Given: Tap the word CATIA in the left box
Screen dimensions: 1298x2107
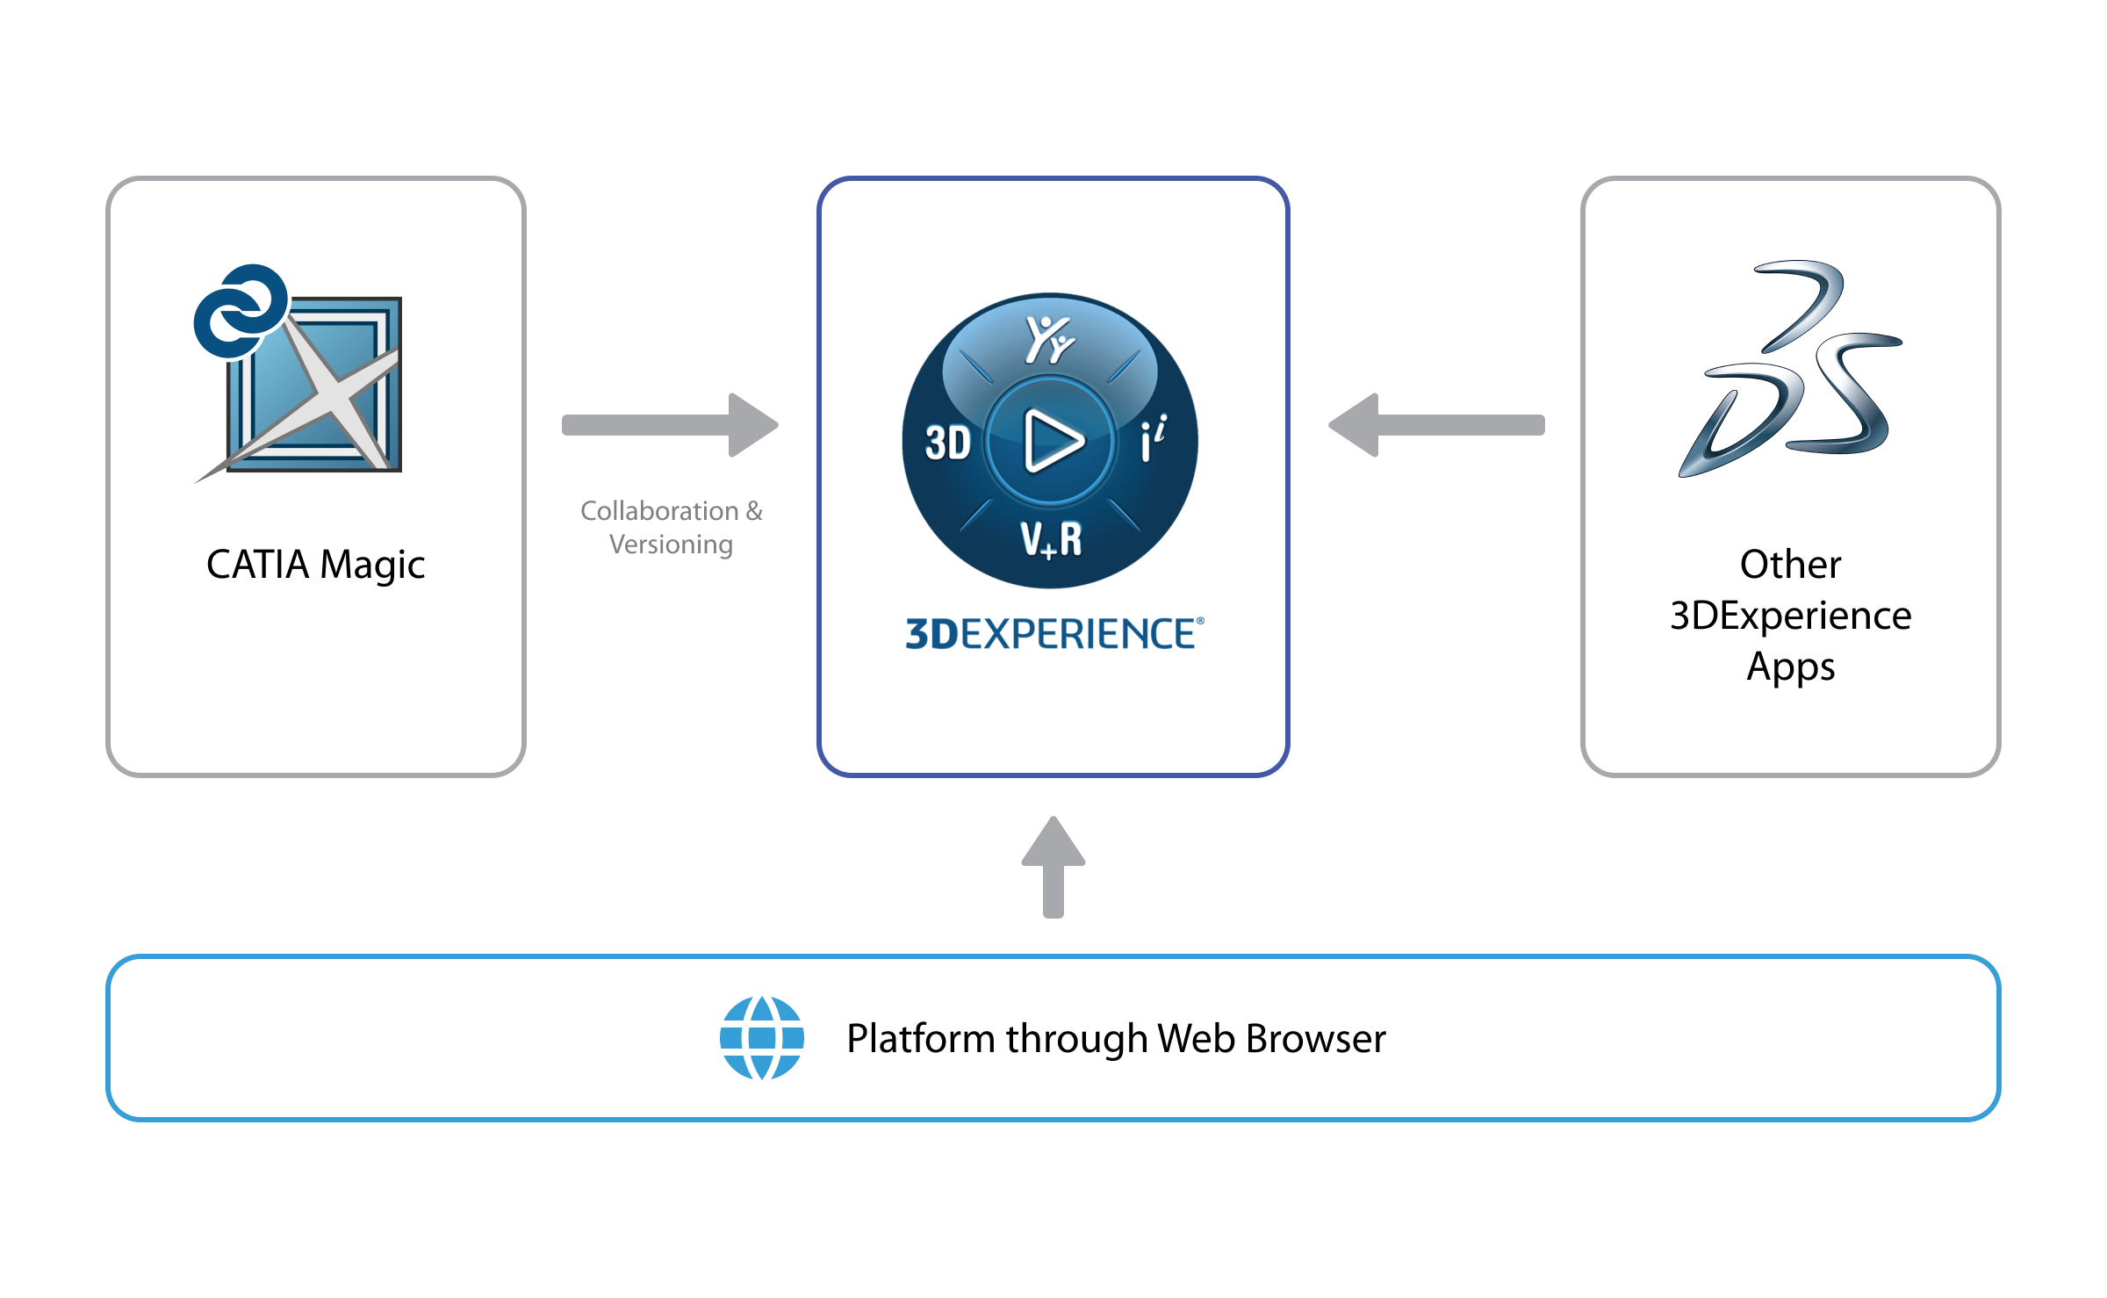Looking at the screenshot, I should [257, 565].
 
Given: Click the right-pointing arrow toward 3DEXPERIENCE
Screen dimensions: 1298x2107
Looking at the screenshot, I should [670, 425].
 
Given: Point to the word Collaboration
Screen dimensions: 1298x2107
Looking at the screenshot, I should [658, 511].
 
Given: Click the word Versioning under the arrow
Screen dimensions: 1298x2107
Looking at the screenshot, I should [671, 545].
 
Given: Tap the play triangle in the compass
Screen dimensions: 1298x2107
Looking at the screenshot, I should [1052, 440].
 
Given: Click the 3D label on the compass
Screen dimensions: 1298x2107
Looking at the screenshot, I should [947, 443].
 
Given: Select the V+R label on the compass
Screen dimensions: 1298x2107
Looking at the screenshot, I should [1051, 539].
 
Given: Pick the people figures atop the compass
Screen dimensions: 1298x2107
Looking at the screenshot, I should [1049, 339].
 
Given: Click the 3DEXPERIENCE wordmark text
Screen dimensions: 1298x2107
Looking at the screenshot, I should [1053, 634].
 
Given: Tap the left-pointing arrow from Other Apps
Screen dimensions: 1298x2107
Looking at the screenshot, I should [1436, 425].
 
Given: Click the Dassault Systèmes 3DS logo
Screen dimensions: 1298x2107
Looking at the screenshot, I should [1791, 369].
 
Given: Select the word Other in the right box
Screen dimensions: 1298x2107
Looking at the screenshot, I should [1790, 565].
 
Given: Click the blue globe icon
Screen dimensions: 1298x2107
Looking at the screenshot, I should [762, 1038].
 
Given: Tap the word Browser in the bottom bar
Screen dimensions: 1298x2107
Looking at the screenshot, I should [1316, 1039].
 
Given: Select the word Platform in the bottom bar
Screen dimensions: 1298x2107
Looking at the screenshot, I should [921, 1039].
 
